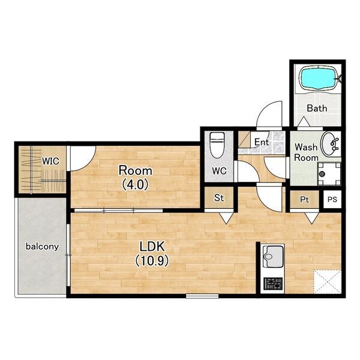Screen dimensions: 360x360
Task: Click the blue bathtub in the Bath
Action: click(x=320, y=77)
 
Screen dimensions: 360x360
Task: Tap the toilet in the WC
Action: click(x=217, y=145)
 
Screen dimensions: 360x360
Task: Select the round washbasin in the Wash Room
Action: click(x=330, y=144)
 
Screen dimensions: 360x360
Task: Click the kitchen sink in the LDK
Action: click(x=272, y=256)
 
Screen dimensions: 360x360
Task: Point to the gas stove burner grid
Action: click(x=273, y=283)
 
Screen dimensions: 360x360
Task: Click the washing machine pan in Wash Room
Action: click(x=329, y=173)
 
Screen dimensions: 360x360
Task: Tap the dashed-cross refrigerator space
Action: click(x=327, y=281)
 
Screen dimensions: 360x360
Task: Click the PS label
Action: click(x=332, y=199)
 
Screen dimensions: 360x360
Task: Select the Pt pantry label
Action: click(x=304, y=200)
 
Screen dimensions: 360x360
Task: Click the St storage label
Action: click(x=219, y=197)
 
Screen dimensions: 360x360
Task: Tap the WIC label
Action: click(x=50, y=161)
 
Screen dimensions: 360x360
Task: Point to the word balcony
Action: click(x=42, y=247)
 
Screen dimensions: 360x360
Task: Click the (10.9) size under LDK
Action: click(x=152, y=260)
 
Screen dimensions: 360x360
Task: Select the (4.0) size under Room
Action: click(x=136, y=184)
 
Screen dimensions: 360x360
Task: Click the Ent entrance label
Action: click(x=262, y=142)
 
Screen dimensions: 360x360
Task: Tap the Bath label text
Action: click(x=317, y=108)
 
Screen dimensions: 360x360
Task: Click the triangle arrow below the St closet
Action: click(x=226, y=218)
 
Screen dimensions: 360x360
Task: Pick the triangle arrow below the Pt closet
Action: click(x=312, y=218)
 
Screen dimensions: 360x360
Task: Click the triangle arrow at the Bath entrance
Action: click(x=304, y=121)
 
